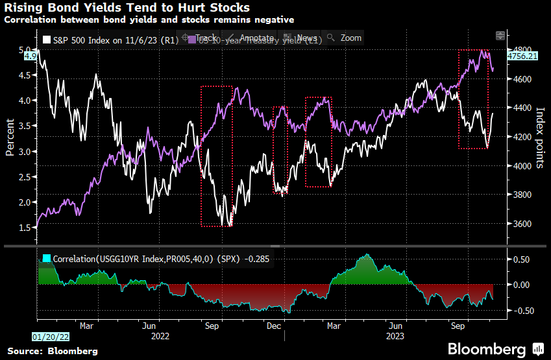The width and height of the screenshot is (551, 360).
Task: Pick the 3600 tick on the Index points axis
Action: (x=519, y=224)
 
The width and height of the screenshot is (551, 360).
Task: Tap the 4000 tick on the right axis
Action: (x=519, y=166)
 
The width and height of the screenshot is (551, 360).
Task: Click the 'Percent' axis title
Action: (x=10, y=138)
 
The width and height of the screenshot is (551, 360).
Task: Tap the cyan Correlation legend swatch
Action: (x=46, y=259)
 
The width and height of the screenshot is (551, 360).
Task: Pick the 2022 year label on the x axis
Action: (x=160, y=337)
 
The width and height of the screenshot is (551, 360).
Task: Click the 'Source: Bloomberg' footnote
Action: (x=53, y=351)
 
